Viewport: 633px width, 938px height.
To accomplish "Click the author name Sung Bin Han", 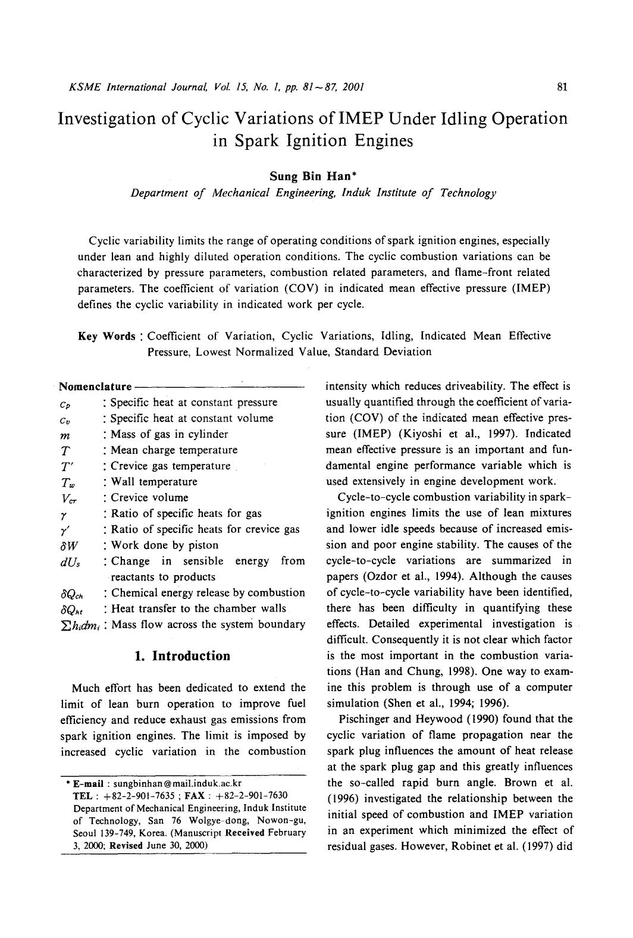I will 313,176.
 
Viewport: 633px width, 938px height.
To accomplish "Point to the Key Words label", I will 107,336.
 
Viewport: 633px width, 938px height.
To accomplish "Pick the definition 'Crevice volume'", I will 149,498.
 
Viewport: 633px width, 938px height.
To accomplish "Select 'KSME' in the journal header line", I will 85,87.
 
